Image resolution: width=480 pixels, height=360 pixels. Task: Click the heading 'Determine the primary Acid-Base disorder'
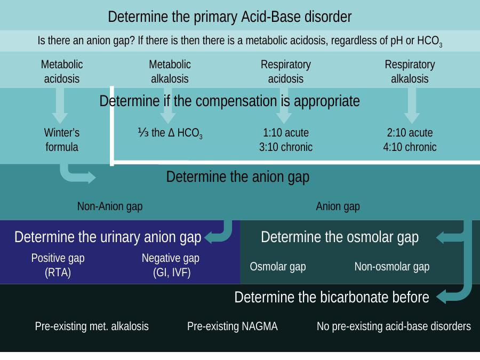click(229, 17)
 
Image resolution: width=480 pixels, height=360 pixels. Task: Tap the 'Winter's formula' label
click(62, 140)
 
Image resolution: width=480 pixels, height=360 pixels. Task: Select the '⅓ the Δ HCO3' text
click(170, 133)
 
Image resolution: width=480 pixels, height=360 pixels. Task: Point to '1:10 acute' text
click(286, 133)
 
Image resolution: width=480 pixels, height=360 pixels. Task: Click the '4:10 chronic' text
click(410, 147)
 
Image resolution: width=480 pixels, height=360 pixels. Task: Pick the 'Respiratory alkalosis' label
click(410, 71)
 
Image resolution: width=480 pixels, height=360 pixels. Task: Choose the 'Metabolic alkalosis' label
click(170, 71)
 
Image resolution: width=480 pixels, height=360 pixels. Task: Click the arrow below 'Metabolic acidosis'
click(60, 106)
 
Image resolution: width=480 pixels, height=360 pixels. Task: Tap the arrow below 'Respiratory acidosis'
click(284, 106)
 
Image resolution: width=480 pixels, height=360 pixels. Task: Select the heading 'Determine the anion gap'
click(238, 177)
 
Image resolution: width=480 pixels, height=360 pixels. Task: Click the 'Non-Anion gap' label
click(110, 206)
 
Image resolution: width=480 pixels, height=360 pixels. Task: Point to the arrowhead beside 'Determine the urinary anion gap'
click(209, 237)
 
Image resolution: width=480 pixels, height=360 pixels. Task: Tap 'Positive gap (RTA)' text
click(58, 265)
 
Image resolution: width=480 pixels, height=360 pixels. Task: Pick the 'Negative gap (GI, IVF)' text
click(171, 265)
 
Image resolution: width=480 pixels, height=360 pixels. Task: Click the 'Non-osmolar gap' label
click(392, 267)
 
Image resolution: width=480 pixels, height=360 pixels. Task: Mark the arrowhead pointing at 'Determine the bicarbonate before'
click(441, 297)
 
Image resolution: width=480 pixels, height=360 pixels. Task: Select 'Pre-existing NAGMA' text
click(233, 326)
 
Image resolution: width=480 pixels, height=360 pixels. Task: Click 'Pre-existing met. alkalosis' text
click(92, 326)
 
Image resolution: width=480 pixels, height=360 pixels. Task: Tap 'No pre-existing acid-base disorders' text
click(394, 326)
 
